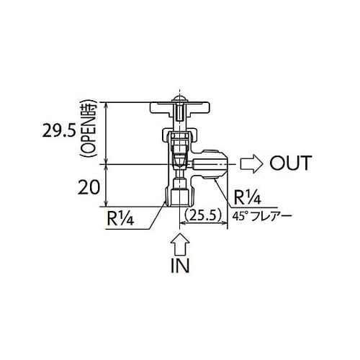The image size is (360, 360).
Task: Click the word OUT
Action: click(x=290, y=163)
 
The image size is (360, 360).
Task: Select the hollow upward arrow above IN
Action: click(x=179, y=240)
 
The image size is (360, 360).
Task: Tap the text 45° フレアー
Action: click(x=256, y=215)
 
